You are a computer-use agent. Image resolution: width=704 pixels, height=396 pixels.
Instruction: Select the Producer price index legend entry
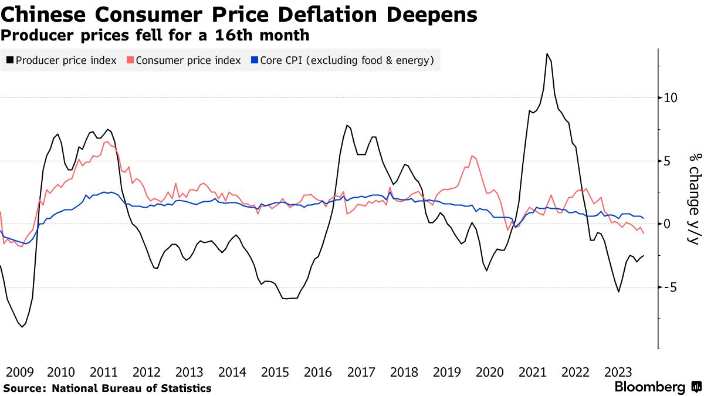pos(66,60)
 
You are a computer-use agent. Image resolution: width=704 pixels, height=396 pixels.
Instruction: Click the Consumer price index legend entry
pos(188,60)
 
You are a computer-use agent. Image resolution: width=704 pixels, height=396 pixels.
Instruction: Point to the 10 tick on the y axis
pos(671,97)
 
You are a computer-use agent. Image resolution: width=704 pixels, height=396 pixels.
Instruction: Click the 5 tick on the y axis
pos(667,161)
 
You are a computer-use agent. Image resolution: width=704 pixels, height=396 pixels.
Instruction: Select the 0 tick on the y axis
pos(667,224)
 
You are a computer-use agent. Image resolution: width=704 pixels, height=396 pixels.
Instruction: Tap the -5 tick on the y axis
pos(670,287)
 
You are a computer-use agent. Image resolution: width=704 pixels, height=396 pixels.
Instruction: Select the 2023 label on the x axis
pos(618,372)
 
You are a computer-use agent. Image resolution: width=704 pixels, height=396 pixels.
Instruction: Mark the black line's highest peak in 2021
pos(547,54)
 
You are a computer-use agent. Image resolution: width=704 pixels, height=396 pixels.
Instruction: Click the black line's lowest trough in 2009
pos(22,327)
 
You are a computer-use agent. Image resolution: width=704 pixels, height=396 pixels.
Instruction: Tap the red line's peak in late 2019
pos(472,156)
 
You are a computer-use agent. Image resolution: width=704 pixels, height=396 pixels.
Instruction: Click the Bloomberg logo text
pos(649,387)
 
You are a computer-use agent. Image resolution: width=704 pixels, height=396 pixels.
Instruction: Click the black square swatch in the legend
pos(10,60)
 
